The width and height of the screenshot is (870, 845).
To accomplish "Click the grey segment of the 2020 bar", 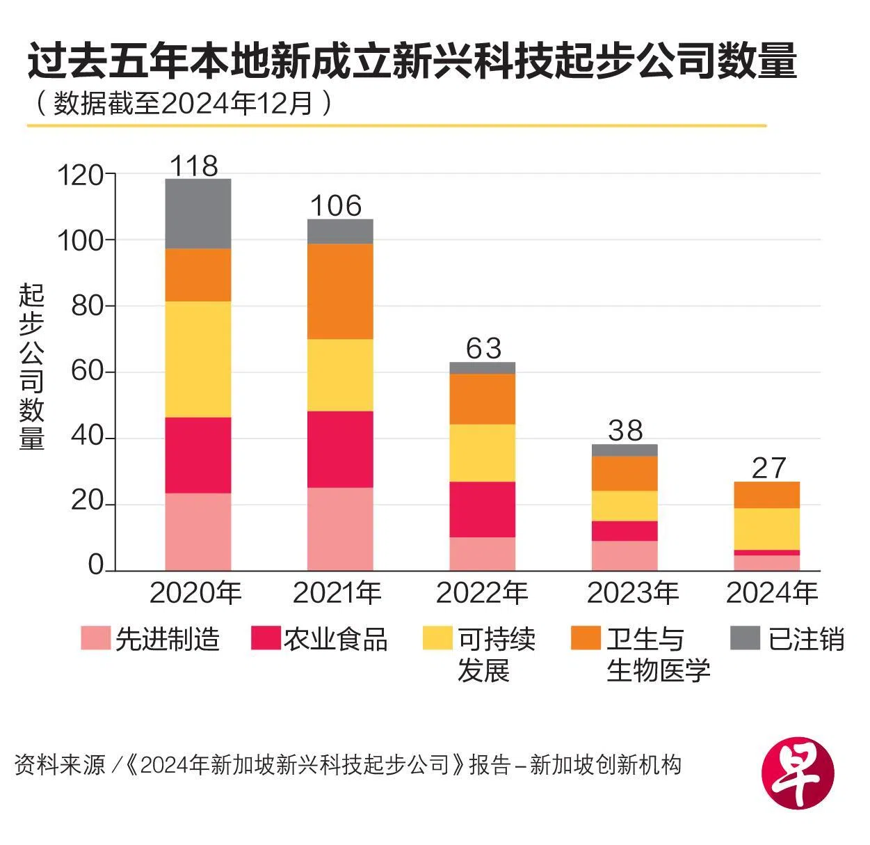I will pyautogui.click(x=198, y=214).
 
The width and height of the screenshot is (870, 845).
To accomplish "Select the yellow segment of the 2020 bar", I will pyautogui.click(x=198, y=359).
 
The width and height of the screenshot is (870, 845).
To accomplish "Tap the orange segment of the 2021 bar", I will pyautogui.click(x=340, y=291).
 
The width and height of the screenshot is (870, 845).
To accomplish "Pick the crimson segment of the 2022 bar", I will pyautogui.click(x=483, y=509).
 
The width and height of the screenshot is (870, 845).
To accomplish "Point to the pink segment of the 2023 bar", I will pyautogui.click(x=625, y=555).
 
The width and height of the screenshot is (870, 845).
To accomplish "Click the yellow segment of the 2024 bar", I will pyautogui.click(x=767, y=528).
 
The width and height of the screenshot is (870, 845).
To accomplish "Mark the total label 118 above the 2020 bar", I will pyautogui.click(x=194, y=166).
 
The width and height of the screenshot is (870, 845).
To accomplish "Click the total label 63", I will pyautogui.click(x=483, y=348).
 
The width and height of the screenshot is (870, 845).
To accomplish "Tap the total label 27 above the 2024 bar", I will pyautogui.click(x=768, y=468).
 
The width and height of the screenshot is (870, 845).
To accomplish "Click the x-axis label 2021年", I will pyautogui.click(x=337, y=593).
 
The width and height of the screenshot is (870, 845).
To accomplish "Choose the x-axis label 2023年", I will pyautogui.click(x=633, y=593).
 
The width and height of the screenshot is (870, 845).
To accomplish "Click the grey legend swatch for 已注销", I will pyautogui.click(x=745, y=638).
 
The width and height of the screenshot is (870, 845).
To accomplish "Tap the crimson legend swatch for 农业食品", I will pyautogui.click(x=266, y=638).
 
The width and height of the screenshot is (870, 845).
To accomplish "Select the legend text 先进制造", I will pyautogui.click(x=168, y=639).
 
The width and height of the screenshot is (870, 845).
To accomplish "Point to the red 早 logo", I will pyautogui.click(x=798, y=773).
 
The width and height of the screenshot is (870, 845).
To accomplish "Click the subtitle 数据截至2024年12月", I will pyautogui.click(x=184, y=104).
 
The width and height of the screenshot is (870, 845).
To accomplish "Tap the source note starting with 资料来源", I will pyautogui.click(x=348, y=765).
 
